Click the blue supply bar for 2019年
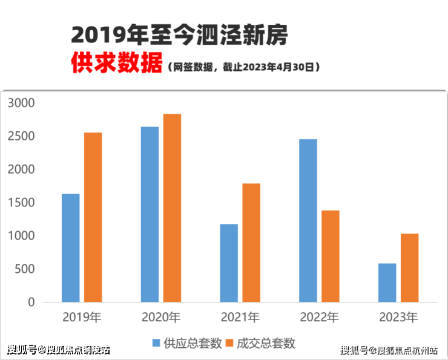click(70, 248)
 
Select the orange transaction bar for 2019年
click(93, 217)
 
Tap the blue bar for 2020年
click(150, 214)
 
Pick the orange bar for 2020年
click(172, 208)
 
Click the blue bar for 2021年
click(229, 263)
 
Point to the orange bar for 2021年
click(251, 243)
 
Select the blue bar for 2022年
click(308, 221)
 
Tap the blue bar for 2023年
click(387, 283)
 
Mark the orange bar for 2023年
click(409, 268)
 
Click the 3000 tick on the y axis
click(22, 103)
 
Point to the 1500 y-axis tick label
click(22, 203)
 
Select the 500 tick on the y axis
click(25, 269)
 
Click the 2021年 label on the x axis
click(240, 317)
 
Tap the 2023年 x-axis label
click(398, 317)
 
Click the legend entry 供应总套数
click(185, 343)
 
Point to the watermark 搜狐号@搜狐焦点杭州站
click(389, 350)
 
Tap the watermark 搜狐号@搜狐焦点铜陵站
click(59, 350)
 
